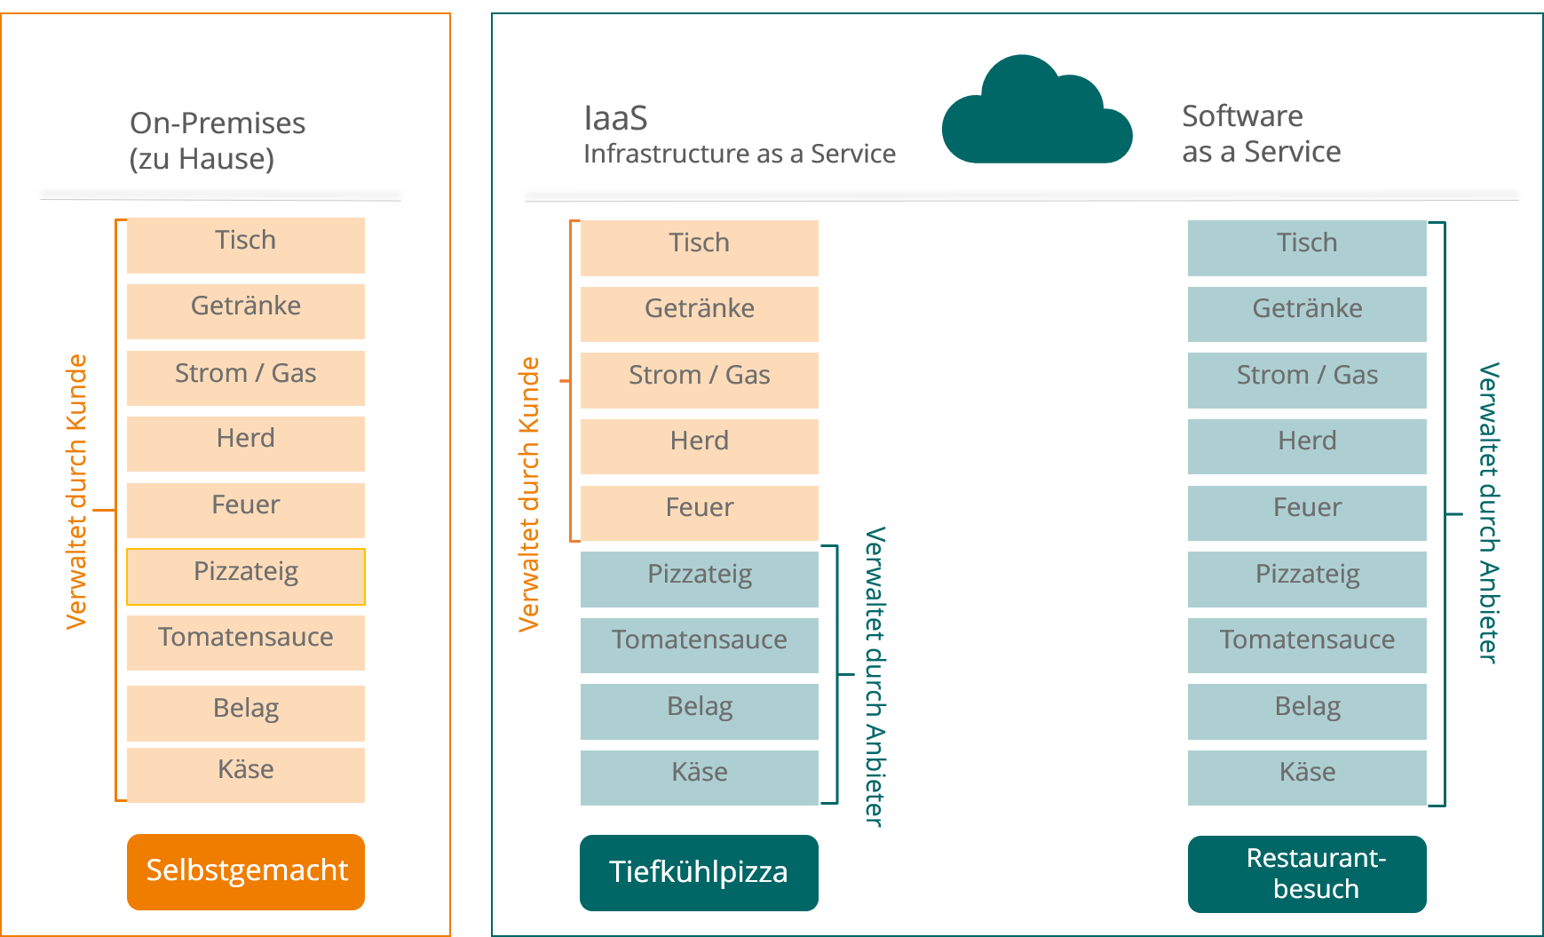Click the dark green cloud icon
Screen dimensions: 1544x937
click(1036, 110)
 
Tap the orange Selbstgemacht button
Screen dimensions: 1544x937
click(246, 871)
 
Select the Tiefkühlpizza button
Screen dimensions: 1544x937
click(699, 872)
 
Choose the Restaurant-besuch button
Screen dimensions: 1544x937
click(1307, 873)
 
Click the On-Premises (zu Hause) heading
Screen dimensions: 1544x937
click(218, 140)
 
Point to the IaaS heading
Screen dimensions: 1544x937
click(616, 118)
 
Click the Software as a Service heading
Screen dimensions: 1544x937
click(1261, 133)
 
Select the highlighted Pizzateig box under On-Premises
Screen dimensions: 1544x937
click(246, 576)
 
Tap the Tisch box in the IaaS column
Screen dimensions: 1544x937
click(700, 248)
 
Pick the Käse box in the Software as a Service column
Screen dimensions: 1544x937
click(1307, 777)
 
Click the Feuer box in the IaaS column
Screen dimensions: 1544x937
click(700, 512)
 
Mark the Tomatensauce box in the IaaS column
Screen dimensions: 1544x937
click(700, 645)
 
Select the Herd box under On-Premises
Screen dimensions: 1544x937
click(246, 443)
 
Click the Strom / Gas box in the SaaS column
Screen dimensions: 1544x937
click(1307, 380)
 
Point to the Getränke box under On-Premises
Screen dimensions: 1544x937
click(246, 311)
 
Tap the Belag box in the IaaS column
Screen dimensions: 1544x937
click(700, 711)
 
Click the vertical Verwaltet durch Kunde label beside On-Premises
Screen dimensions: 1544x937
click(77, 492)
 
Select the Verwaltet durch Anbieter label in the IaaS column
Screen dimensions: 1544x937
click(875, 677)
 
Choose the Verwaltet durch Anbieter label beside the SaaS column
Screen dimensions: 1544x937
click(1489, 512)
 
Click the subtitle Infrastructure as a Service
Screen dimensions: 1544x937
click(740, 154)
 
